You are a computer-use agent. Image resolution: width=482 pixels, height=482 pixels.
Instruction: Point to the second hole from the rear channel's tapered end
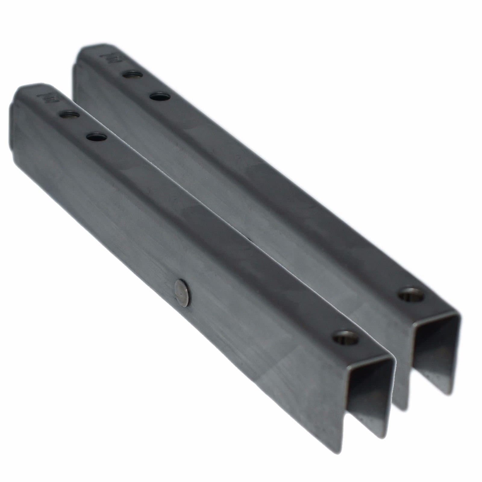pos(159,97)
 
